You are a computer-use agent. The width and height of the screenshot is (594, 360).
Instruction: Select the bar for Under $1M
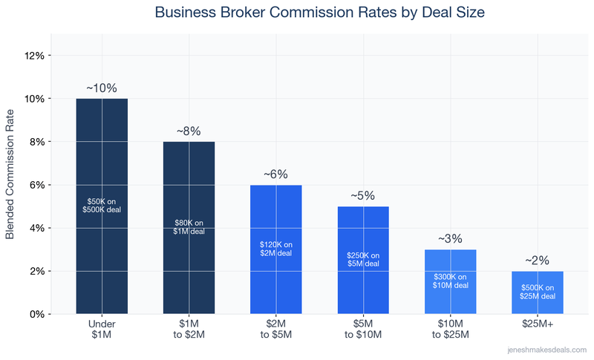tap(102, 245)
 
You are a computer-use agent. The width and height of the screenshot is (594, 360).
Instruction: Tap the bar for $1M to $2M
tap(189, 267)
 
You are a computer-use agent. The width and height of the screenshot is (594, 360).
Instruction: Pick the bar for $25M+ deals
tap(537, 304)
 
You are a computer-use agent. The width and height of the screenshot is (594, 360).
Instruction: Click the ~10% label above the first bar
tap(102, 88)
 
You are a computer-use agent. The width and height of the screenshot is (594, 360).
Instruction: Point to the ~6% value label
tap(276, 174)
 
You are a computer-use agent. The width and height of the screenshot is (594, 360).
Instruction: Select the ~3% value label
tap(450, 238)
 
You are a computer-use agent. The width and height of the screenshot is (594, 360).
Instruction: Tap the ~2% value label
tap(537, 260)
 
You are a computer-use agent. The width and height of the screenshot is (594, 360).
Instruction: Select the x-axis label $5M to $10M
tap(363, 329)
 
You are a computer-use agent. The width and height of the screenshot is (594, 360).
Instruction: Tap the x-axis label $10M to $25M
tap(450, 329)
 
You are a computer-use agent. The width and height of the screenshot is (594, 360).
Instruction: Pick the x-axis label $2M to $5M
tap(276, 329)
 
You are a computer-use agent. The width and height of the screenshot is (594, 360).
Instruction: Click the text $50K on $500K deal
tap(102, 206)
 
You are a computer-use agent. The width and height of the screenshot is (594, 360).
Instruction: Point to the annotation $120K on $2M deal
tap(276, 249)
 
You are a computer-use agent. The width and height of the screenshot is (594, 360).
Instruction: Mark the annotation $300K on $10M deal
tap(450, 281)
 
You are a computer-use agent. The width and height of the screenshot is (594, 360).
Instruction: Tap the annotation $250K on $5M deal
tap(363, 259)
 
